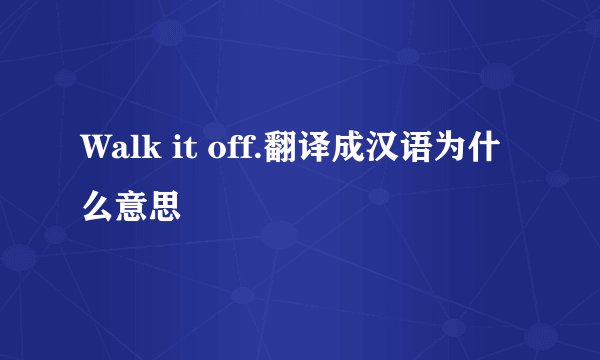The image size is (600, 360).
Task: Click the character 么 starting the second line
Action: pos(97,207)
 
